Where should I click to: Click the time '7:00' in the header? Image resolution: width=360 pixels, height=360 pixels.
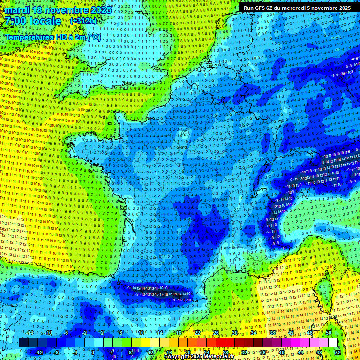click(x=15, y=22)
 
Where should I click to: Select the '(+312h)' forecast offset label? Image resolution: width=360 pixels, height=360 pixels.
click(x=84, y=22)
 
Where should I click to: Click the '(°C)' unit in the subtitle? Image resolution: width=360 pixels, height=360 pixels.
click(x=94, y=37)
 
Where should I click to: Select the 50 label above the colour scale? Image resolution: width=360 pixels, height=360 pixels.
click(x=329, y=333)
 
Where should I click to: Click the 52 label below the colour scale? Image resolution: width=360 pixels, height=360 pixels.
click(x=338, y=352)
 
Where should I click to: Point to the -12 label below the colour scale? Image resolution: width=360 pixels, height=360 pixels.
click(x=39, y=352)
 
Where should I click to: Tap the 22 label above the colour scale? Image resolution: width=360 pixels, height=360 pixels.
click(x=197, y=333)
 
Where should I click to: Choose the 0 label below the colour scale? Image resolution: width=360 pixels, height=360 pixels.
click(x=93, y=352)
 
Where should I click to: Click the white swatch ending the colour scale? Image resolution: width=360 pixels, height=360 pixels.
click(x=333, y=343)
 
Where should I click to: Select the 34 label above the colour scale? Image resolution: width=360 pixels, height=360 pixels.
click(x=254, y=333)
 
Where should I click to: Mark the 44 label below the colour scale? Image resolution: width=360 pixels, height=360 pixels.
click(x=300, y=352)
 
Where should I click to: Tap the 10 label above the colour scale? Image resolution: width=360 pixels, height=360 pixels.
click(x=141, y=333)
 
